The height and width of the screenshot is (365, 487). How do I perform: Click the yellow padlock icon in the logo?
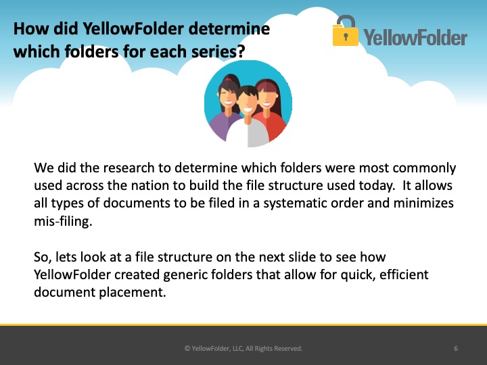click(x=346, y=31)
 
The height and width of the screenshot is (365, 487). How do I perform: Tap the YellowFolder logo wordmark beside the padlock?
click(x=415, y=38)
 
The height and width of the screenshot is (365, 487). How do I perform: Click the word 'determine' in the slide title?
click(x=229, y=28)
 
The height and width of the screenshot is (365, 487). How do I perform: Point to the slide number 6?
click(x=456, y=349)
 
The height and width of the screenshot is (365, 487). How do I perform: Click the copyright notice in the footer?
click(x=243, y=349)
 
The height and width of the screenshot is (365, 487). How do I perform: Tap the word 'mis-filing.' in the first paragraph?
click(x=63, y=222)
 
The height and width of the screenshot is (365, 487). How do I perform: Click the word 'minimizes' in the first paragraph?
click(x=423, y=203)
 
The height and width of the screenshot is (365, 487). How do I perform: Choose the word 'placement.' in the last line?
click(x=133, y=293)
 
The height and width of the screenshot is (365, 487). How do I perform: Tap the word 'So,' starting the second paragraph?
click(x=43, y=258)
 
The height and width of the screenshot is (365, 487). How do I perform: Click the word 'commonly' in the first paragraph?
click(x=424, y=168)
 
